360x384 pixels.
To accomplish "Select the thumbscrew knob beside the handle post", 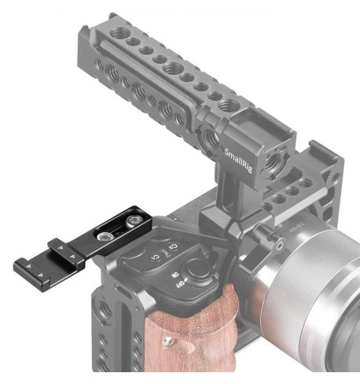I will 266,230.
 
